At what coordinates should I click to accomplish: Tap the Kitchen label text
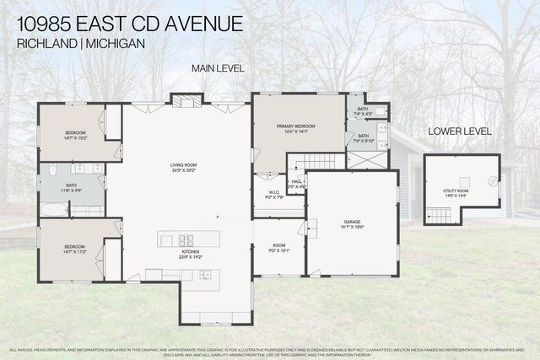(189, 252)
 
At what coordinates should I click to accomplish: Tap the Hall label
(297, 182)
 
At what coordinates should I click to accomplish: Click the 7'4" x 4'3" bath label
(362, 111)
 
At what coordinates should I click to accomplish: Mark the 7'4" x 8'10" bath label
(363, 138)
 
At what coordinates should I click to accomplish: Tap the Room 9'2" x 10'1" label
(278, 248)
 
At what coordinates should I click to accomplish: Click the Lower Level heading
(460, 132)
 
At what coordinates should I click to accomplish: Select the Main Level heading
(218, 67)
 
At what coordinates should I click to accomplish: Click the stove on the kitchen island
(187, 239)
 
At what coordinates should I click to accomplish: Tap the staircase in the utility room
(439, 216)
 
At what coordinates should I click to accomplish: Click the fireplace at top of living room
(188, 101)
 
